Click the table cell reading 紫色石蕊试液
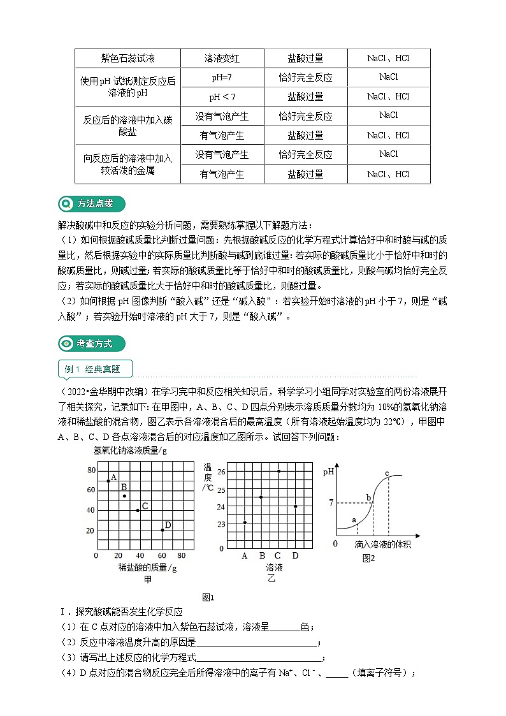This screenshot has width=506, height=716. click(127, 58)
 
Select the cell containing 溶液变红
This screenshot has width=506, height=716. click(222, 58)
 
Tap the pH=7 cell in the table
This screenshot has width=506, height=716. click(222, 77)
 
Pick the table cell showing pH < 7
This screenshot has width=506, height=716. click(222, 97)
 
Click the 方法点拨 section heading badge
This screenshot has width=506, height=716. click(91, 204)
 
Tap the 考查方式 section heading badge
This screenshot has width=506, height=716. click(91, 343)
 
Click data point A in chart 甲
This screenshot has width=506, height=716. click(108, 481)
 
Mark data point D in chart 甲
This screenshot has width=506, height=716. click(163, 530)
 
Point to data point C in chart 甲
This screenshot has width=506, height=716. click(138, 510)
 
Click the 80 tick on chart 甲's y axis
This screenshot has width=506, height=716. click(90, 470)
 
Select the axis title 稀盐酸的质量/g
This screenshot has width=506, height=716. click(147, 567)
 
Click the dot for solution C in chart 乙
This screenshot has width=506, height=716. click(278, 471)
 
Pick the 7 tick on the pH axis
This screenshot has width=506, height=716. click(331, 503)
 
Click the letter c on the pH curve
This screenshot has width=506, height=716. click(387, 472)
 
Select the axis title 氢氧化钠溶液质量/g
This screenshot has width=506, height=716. click(130, 451)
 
